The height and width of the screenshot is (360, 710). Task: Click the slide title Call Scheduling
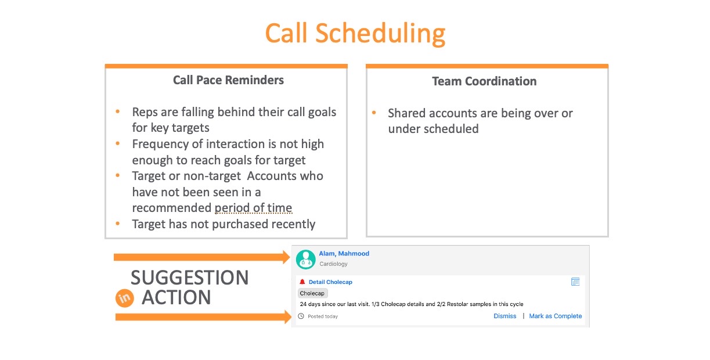coord(355,34)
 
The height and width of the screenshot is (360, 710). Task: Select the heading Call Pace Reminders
coord(228,80)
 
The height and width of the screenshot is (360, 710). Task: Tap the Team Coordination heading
coord(484,81)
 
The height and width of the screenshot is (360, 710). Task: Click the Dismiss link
coord(504,316)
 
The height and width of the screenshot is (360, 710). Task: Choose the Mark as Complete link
coord(556,316)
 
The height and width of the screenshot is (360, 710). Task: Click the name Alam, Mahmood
coord(344,254)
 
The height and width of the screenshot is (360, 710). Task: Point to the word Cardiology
coord(333,264)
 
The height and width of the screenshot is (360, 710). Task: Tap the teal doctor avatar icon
coord(305,259)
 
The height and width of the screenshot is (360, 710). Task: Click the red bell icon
coord(302,282)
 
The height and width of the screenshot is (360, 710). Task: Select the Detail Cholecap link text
coord(330,282)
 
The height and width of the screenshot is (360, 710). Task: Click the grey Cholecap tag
coord(312,293)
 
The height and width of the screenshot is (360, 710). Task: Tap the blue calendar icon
coord(575,282)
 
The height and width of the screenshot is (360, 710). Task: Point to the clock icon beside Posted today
coord(301,316)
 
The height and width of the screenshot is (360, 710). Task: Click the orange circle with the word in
coord(125,298)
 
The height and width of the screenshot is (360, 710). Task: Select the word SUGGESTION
coord(189,278)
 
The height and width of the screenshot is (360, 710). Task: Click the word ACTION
coord(176,297)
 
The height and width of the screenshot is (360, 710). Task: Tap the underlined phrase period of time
coord(253,208)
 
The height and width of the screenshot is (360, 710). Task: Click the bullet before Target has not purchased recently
coord(118,224)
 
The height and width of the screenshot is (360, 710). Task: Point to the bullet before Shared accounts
coord(374,113)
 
